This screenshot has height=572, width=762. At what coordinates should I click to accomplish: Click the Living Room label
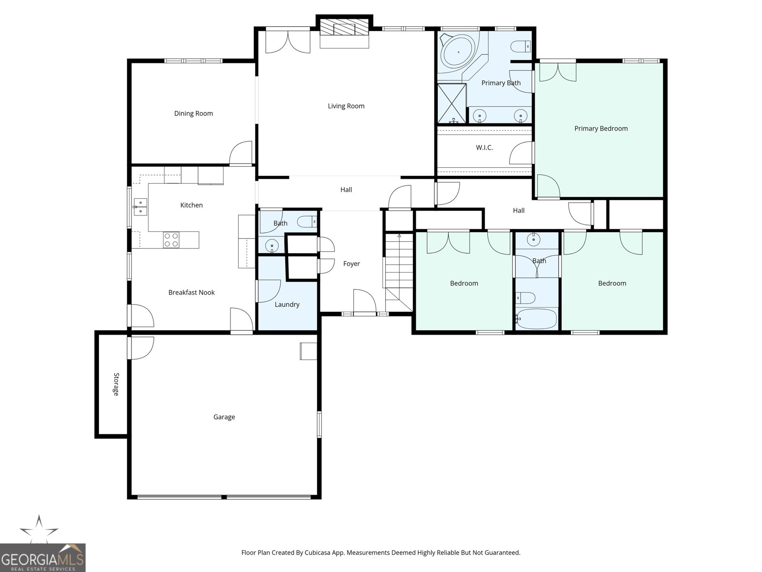coord(346,106)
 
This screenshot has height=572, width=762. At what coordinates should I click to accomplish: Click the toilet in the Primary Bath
coord(520,47)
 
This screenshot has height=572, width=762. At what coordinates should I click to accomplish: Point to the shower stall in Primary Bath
coord(451,103)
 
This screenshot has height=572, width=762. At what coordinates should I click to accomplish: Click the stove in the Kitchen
coord(171,240)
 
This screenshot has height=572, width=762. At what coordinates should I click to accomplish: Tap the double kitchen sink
coord(140,206)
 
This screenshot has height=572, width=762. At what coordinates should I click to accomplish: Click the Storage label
coord(116,384)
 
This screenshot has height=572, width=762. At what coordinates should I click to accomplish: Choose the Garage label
coord(224,417)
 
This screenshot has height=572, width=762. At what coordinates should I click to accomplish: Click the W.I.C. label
coord(484,148)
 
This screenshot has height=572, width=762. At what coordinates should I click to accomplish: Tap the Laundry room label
coord(287,304)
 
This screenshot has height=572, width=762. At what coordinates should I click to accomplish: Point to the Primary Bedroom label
coord(601,128)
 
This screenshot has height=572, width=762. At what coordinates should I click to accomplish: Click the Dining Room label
coord(193,113)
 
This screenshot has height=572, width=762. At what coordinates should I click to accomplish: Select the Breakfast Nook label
coord(191,292)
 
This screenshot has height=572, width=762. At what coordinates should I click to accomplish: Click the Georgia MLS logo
coord(43,557)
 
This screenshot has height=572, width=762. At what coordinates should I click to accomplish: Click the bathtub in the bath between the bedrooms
coord(537,319)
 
